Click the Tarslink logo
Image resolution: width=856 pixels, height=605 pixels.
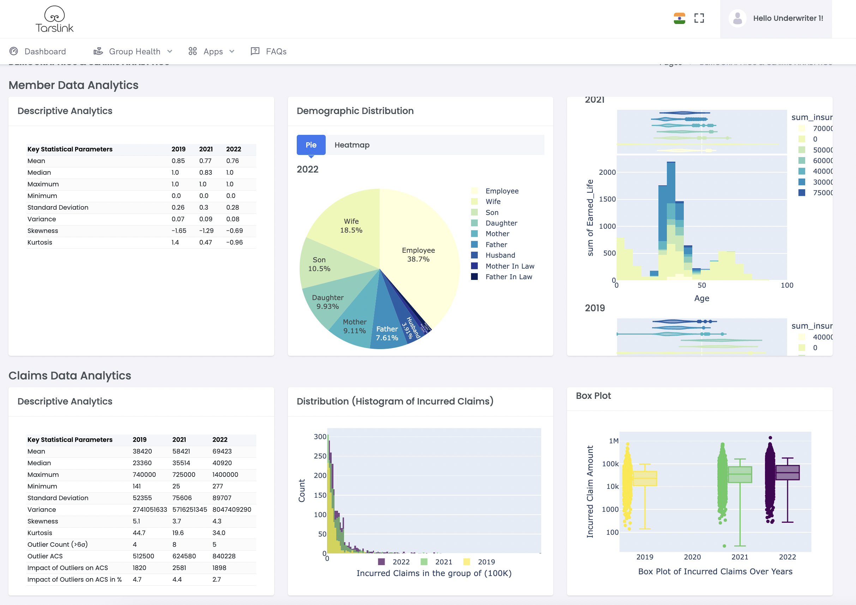point(54,19)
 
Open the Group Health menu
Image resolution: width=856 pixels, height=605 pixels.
point(133,52)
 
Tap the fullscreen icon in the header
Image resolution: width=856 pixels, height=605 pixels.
point(699,18)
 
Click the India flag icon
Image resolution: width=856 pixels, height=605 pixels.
point(679,18)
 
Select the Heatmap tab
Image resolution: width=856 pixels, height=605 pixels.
point(351,145)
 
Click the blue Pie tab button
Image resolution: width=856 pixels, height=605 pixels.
point(311,145)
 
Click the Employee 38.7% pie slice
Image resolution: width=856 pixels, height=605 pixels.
point(418,255)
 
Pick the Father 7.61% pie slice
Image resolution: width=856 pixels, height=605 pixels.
point(387,333)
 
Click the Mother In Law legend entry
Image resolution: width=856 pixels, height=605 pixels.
point(509,266)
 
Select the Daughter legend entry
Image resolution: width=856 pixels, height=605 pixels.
point(501,223)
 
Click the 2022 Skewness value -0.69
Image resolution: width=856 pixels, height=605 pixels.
point(234,231)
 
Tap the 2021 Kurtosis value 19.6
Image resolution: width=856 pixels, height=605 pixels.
point(177,533)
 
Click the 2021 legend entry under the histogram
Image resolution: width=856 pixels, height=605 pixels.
point(443,562)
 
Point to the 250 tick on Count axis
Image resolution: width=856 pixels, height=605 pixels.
point(320,456)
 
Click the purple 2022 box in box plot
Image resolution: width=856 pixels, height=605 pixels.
point(788,473)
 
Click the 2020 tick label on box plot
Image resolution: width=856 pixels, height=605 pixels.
point(692,557)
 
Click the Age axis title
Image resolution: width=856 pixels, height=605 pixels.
point(701,298)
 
